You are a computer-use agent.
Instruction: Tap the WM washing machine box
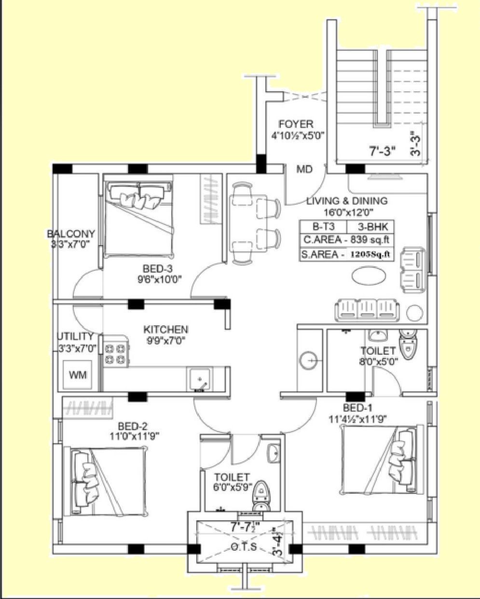click(x=77, y=375)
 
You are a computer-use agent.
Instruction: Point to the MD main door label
click(x=304, y=169)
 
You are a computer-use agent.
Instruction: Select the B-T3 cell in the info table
click(x=323, y=227)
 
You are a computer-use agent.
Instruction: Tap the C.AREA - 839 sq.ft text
click(x=346, y=240)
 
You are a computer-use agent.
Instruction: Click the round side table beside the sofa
click(x=414, y=313)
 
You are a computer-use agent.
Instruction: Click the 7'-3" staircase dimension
click(x=383, y=152)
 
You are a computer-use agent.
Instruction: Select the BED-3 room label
click(x=157, y=268)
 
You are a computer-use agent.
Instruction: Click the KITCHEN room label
click(x=165, y=330)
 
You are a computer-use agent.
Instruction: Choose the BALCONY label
click(x=71, y=234)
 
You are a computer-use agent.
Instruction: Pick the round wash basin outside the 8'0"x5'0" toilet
click(x=311, y=361)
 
